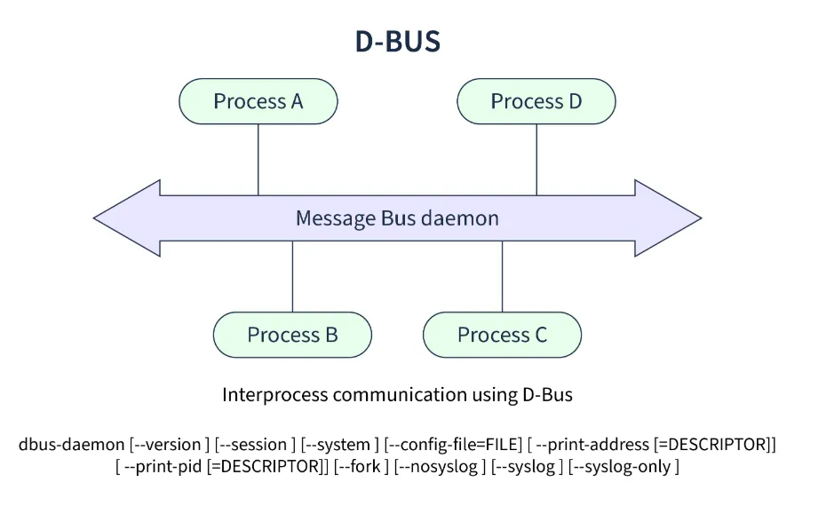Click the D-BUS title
point(398,42)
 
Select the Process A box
point(258,101)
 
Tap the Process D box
point(536,101)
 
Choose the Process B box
point(292,335)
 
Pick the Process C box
point(502,335)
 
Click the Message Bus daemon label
point(397,217)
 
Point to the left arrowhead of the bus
point(127,217)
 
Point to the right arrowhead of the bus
point(668,217)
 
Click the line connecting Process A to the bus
point(258,160)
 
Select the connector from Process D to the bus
point(536,160)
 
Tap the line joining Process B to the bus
point(292,276)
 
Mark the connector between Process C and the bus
point(502,276)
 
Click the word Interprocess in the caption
point(274,395)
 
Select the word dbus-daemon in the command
point(71,445)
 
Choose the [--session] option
point(255,445)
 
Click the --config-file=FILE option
point(453,445)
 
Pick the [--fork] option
point(361,467)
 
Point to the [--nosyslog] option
point(440,467)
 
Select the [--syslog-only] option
point(624,467)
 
